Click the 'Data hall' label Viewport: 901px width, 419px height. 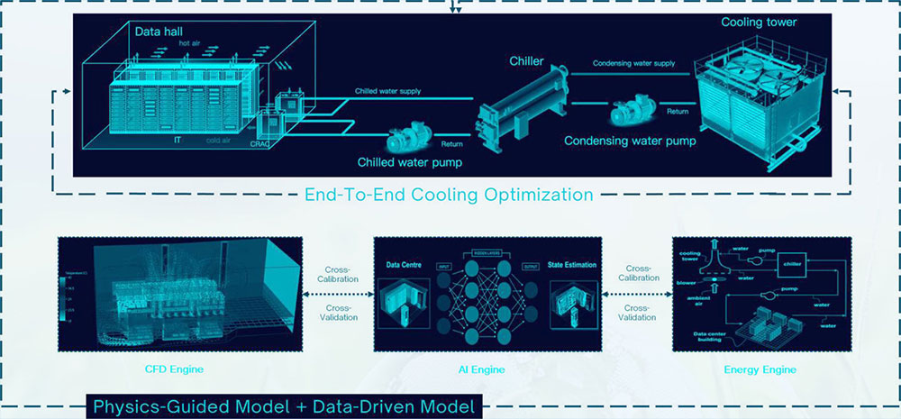[x=158, y=32]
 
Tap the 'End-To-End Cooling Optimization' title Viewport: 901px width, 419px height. [x=449, y=194]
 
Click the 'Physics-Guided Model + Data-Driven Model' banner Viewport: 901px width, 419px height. [x=284, y=407]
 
